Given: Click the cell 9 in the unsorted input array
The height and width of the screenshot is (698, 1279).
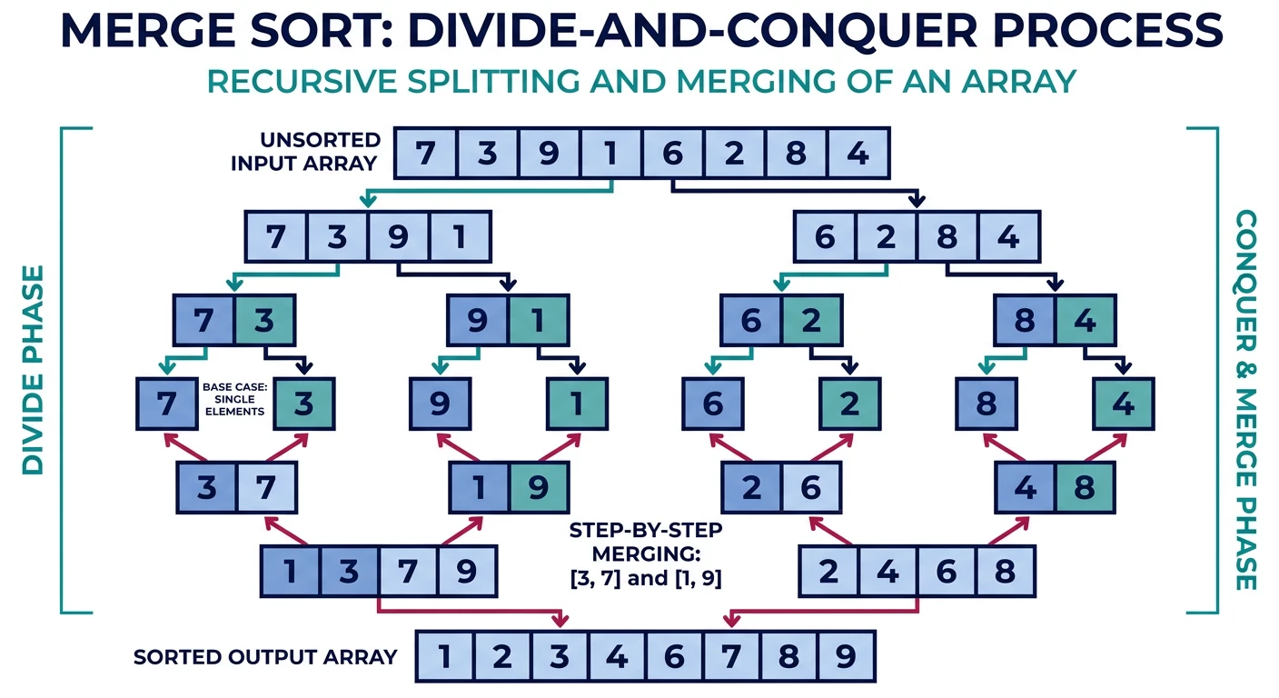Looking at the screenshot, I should [549, 153].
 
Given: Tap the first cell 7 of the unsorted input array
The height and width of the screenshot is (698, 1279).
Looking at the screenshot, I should [425, 153].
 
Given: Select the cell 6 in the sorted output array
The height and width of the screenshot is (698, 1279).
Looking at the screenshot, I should [673, 655].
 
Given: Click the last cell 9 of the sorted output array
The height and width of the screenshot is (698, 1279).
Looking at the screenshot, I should [847, 655].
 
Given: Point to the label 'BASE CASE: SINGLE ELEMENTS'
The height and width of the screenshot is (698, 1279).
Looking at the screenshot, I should [233, 399].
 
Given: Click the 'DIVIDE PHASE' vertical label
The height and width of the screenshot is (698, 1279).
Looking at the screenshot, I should [34, 370].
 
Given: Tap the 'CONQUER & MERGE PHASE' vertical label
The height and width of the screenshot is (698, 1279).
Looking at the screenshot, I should [1246, 400].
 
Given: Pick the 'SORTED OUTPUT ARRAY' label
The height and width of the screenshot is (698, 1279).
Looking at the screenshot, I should [265, 656].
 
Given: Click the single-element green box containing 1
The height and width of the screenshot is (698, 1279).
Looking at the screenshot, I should [576, 403].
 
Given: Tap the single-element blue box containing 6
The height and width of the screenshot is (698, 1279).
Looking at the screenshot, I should [713, 403].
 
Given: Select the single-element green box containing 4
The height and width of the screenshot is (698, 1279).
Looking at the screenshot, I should [1123, 403].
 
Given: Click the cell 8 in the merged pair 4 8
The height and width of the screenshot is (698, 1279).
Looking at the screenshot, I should [1085, 487].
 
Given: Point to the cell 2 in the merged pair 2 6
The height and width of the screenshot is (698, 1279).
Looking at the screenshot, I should [751, 487].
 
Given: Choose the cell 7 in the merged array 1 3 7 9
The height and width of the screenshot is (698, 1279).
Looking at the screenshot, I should [408, 571].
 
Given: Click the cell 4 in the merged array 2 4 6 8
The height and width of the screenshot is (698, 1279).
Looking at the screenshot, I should [887, 571].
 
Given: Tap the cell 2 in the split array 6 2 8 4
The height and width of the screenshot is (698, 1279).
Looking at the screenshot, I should [886, 237].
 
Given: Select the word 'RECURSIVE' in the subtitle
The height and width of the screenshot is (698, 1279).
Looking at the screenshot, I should [296, 80].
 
